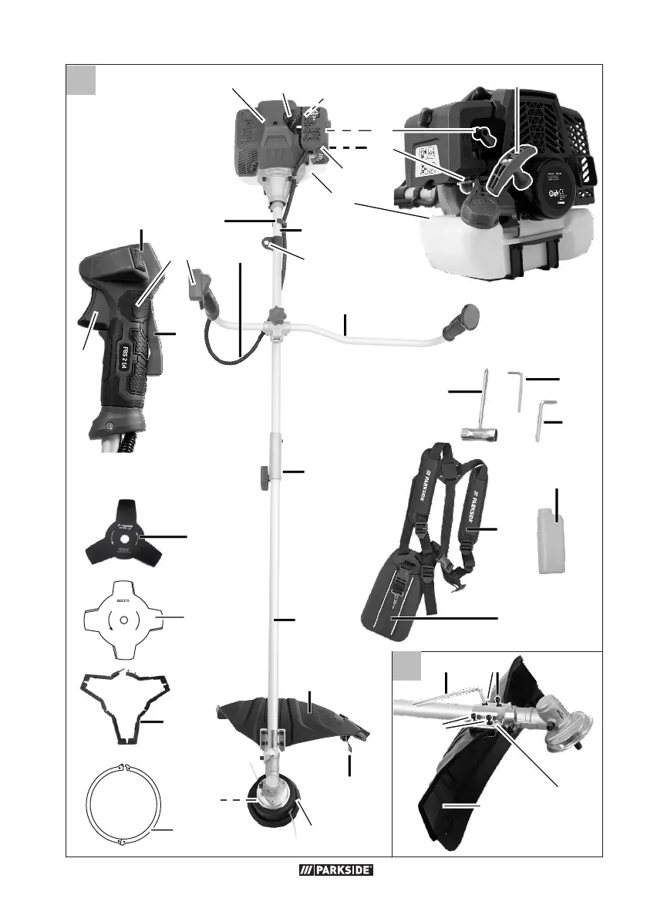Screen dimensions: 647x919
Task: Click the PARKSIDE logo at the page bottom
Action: coord(335,871)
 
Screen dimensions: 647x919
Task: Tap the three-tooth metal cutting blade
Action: coord(122,535)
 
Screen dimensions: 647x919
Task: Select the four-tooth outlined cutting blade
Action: coord(122,619)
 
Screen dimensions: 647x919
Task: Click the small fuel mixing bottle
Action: coord(550,542)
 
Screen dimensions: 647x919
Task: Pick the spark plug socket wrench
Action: coord(480,421)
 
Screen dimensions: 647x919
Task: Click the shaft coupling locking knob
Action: coord(262,471)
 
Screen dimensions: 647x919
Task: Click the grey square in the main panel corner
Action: coord(81,80)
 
